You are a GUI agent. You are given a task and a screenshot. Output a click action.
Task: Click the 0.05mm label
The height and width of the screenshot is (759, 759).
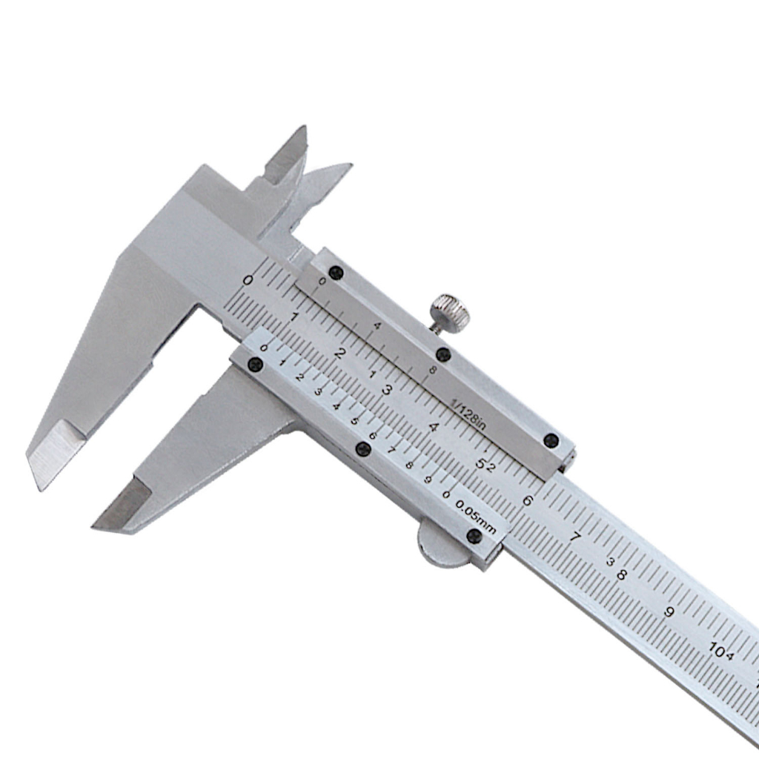pos(476,517)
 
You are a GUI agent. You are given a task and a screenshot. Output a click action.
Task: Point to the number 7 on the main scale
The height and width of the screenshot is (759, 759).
pos(575,537)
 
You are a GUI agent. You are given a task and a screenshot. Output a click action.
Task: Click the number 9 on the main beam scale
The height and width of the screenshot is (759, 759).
pos(669,611)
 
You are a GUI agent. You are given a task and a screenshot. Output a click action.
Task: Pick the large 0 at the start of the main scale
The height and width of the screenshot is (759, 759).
pos(248,280)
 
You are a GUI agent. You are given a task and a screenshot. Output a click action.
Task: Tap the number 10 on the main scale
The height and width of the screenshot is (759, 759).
pos(717,649)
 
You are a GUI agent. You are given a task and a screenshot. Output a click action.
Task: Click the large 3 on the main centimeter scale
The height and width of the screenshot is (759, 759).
pos(387,389)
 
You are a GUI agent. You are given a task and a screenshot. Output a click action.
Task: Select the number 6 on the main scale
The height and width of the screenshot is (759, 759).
pos(528,500)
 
